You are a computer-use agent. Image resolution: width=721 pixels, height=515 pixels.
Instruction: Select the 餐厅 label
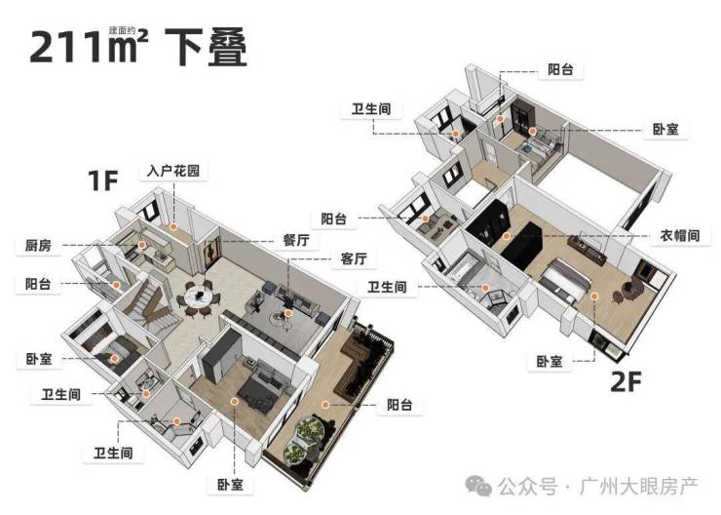pyautogui.click(x=297, y=238)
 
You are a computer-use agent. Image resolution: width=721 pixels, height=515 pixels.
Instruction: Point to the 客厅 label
pyautogui.click(x=353, y=259)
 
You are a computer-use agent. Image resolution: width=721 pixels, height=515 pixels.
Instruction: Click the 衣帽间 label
pyautogui.click(x=679, y=235)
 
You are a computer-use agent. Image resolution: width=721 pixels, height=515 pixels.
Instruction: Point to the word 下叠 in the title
pyautogui.click(x=206, y=46)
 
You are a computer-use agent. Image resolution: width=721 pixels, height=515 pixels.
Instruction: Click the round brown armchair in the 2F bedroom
pyautogui.click(x=625, y=287)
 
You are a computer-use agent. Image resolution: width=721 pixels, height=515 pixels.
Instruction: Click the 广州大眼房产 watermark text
pyautogui.click(x=644, y=485)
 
